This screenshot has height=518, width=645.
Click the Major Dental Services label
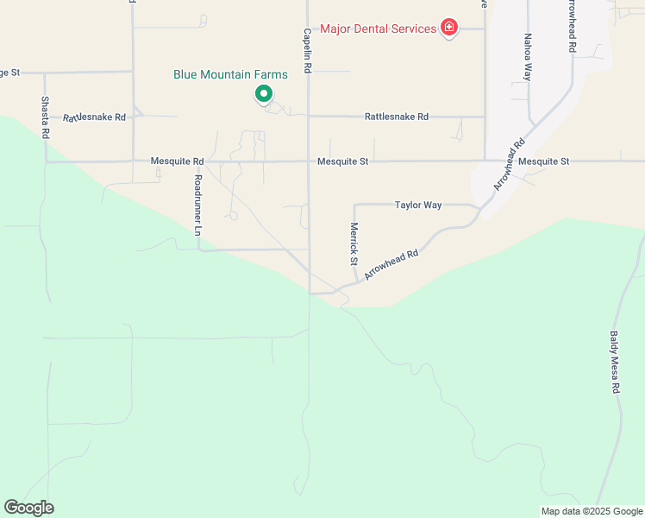pyautogui.click(x=378, y=29)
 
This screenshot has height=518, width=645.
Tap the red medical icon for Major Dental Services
pyautogui.click(x=448, y=29)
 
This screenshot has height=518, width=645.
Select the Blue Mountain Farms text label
pyautogui.click(x=230, y=75)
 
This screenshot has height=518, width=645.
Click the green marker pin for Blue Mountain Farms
pyautogui.click(x=264, y=93)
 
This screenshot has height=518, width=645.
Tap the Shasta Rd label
pyautogui.click(x=46, y=117)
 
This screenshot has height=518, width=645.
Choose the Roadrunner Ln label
pyautogui.click(x=197, y=205)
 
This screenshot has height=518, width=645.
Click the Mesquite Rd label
pyautogui.click(x=177, y=161)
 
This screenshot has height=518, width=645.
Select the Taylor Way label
pyautogui.click(x=418, y=205)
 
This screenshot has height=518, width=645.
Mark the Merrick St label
pyautogui.click(x=354, y=243)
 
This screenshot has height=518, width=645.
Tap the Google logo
pyautogui.click(x=28, y=508)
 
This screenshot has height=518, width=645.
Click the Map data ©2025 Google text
pyautogui.click(x=591, y=511)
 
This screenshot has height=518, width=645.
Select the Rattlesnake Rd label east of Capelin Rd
pyautogui.click(x=396, y=117)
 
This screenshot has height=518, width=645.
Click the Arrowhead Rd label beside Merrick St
pyautogui.click(x=391, y=264)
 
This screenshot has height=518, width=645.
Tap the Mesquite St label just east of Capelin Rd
pyautogui.click(x=342, y=161)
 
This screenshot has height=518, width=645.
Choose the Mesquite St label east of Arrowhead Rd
pyautogui.click(x=544, y=161)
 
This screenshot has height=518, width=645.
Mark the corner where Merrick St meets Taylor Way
pyautogui.click(x=354, y=205)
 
